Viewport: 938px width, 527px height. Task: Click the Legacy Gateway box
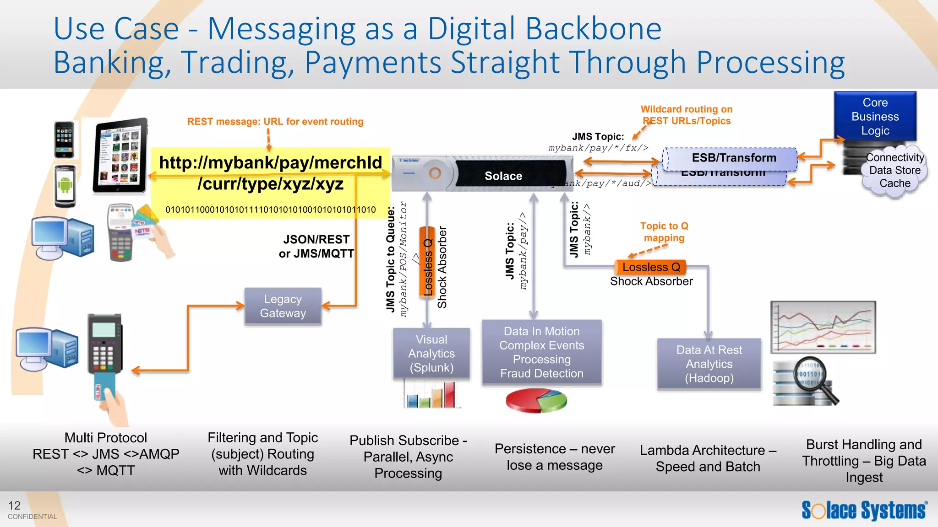click(283, 306)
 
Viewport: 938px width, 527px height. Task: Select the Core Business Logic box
click(875, 117)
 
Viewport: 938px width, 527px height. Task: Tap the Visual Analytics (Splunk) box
click(431, 353)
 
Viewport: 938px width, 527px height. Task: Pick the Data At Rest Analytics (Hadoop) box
click(709, 364)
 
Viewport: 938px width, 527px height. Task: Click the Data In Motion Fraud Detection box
click(541, 352)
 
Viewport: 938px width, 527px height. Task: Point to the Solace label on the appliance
click(503, 176)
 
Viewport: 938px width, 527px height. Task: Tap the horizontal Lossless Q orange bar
click(651, 267)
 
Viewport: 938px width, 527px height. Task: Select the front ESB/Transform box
click(733, 158)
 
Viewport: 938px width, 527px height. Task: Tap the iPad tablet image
click(120, 156)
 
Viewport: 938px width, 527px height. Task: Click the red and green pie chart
click(536, 400)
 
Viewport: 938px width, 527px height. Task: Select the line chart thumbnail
click(823, 327)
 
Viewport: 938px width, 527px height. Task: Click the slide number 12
click(14, 505)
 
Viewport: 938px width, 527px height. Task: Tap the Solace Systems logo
click(864, 510)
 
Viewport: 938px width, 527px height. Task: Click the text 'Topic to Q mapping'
click(664, 232)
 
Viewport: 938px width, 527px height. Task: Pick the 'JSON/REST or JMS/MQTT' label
click(316, 247)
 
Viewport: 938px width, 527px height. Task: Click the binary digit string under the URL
click(270, 210)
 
